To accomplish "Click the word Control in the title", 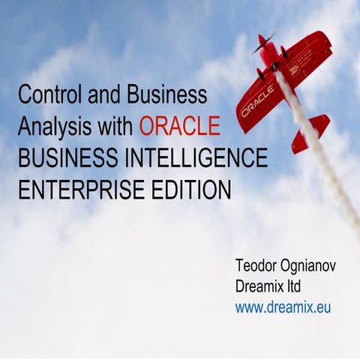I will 46,94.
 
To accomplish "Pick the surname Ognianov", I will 309,266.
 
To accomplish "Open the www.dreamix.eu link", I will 283,307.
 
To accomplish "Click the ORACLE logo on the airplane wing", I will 257,100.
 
